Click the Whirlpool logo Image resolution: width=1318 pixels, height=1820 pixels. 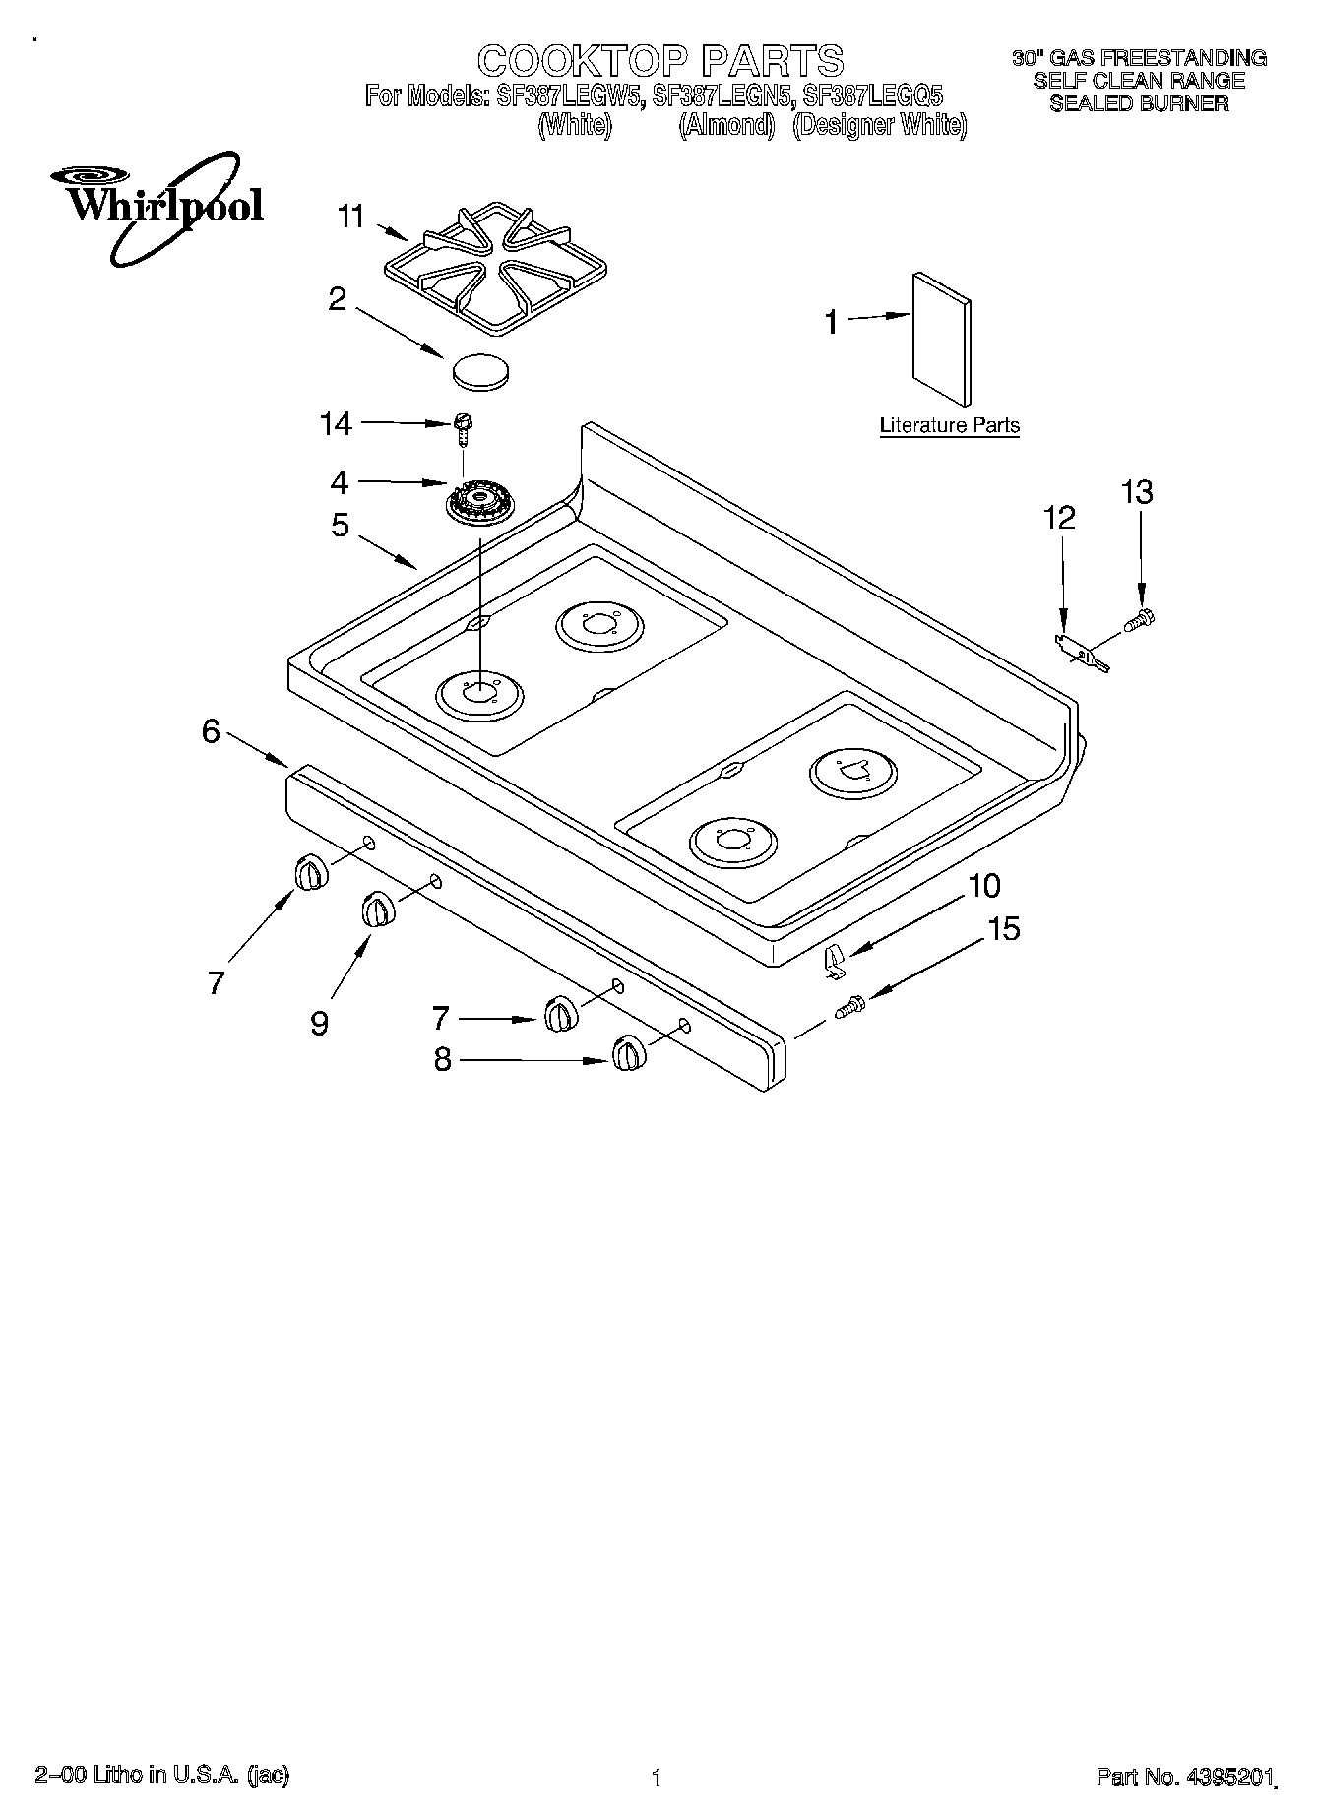tap(157, 207)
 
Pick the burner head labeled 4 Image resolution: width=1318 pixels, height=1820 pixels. tap(480, 505)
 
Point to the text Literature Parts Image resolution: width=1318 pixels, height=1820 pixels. tap(949, 426)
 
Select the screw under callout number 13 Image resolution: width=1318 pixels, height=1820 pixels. tap(1140, 619)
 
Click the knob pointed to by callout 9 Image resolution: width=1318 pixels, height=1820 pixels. tap(377, 910)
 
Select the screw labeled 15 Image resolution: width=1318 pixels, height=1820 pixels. tap(849, 1008)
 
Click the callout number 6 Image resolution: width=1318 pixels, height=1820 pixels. tap(211, 731)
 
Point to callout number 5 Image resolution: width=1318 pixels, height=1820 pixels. tap(340, 526)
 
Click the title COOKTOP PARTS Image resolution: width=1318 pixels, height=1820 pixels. tap(659, 61)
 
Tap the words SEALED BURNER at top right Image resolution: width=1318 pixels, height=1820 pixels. tap(1139, 103)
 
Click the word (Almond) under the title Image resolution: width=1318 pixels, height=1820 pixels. tap(726, 126)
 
